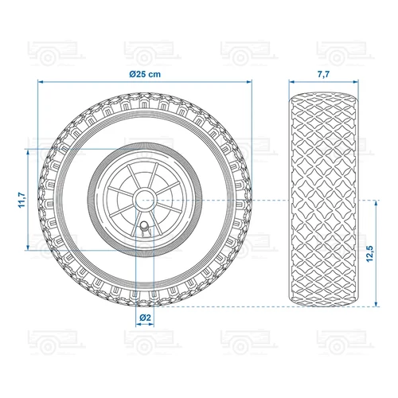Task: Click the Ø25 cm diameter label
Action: coord(145,74)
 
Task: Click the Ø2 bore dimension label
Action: coord(144,318)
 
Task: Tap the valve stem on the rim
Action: coord(143,229)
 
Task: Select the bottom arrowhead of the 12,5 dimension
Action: coord(372,304)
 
